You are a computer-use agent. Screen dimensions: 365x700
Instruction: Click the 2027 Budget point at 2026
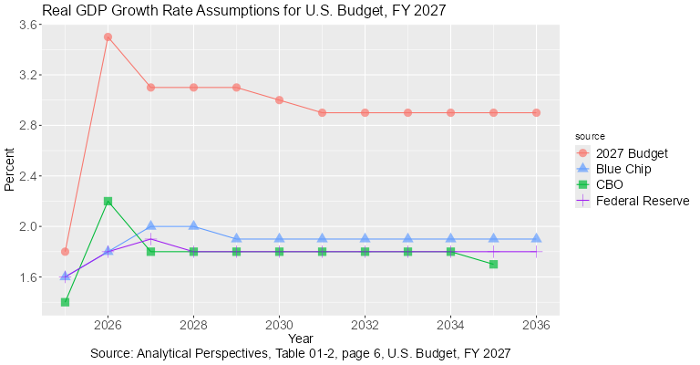(x=108, y=37)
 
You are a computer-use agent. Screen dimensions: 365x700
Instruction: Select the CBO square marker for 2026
(x=108, y=201)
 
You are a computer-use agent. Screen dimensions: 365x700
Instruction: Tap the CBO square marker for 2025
(x=65, y=301)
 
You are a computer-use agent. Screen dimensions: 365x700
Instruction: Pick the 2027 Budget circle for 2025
(x=65, y=251)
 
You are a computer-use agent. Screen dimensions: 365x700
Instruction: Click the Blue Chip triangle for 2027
(x=150, y=225)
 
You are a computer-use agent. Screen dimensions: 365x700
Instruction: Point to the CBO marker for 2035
(x=493, y=264)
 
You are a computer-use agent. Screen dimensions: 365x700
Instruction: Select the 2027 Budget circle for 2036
(x=536, y=113)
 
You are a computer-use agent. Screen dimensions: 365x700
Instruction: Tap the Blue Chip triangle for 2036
(x=536, y=238)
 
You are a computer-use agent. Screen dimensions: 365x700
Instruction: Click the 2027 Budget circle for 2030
(x=279, y=100)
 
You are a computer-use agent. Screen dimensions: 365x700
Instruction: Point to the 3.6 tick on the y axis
(x=27, y=25)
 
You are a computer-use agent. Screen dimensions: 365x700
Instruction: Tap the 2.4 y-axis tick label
(x=27, y=176)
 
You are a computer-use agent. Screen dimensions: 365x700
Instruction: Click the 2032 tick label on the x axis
(x=365, y=324)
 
